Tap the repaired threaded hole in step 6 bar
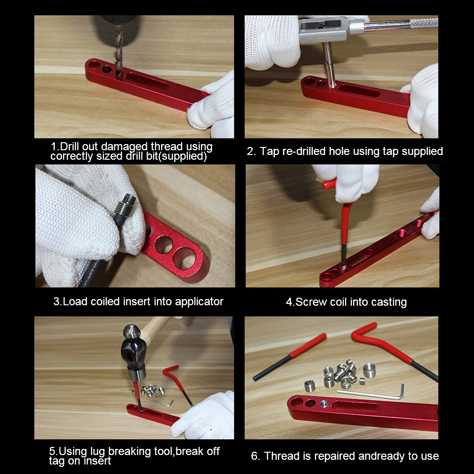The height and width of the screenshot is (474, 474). click(324, 404)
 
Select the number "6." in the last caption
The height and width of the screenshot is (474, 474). click(255, 456)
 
